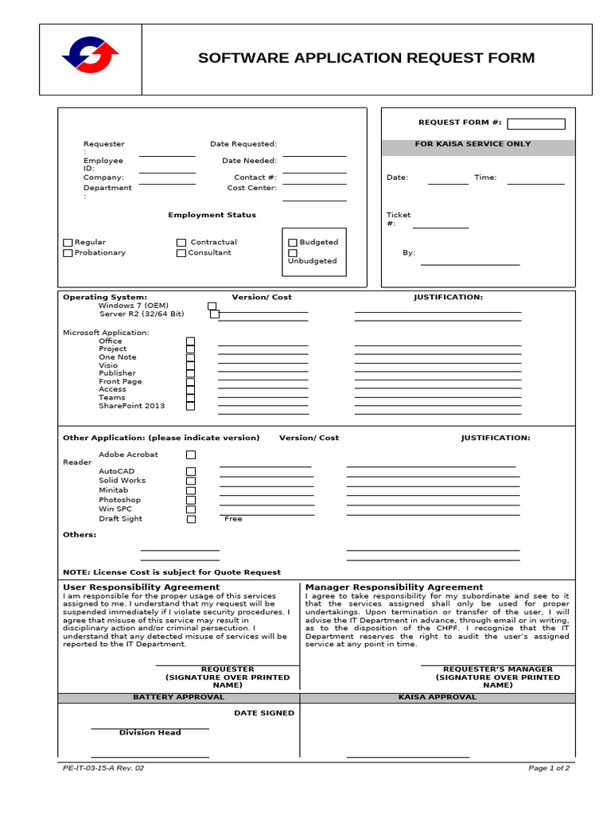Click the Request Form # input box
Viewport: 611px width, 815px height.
click(535, 123)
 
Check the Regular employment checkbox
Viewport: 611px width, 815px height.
click(68, 243)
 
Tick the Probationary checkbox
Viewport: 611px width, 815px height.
click(68, 253)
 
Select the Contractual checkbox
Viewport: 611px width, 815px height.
click(181, 243)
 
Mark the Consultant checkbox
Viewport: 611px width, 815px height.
click(181, 253)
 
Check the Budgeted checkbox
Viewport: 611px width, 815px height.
click(293, 243)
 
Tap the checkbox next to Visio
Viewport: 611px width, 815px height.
click(190, 365)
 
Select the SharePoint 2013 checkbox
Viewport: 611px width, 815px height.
click(190, 406)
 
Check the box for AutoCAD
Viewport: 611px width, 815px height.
click(191, 471)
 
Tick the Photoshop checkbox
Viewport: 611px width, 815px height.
click(191, 500)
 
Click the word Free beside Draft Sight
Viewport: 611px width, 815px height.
click(233, 519)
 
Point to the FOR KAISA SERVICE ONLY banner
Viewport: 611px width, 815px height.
click(478, 145)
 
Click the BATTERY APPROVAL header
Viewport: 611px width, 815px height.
click(178, 697)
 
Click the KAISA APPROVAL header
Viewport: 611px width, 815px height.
click(437, 697)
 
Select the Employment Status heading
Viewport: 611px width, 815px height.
click(212, 215)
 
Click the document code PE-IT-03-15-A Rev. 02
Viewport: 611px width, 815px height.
click(103, 768)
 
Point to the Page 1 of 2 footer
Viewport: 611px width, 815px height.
click(549, 768)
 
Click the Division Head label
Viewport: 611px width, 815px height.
click(150, 732)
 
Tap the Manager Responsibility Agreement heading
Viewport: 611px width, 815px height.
click(394, 587)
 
